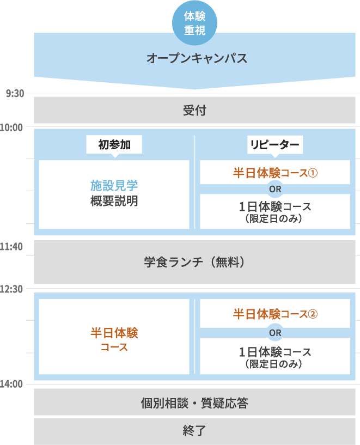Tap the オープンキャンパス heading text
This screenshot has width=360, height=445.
pyautogui.click(x=197, y=58)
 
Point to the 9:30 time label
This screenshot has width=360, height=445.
pyautogui.click(x=15, y=94)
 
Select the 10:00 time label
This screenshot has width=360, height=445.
pyautogui.click(x=11, y=127)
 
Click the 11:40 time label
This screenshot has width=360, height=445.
pyautogui.click(x=11, y=247)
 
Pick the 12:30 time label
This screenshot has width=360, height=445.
pyautogui.click(x=11, y=289)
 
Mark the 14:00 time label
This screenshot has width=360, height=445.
pyautogui.click(x=11, y=384)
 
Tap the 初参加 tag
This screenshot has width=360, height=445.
pyautogui.click(x=114, y=144)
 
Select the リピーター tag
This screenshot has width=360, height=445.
pyautogui.click(x=275, y=144)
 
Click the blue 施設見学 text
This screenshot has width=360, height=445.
pyautogui.click(x=114, y=186)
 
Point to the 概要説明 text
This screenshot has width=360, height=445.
pyautogui.click(x=114, y=201)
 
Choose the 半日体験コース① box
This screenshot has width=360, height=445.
pyautogui.click(x=275, y=173)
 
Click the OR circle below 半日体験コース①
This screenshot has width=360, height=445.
pyautogui.click(x=275, y=189)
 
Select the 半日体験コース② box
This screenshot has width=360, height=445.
pyautogui.click(x=275, y=314)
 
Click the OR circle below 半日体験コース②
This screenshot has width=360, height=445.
pyautogui.click(x=275, y=332)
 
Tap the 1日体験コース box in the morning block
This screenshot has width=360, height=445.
pyautogui.click(x=275, y=211)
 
